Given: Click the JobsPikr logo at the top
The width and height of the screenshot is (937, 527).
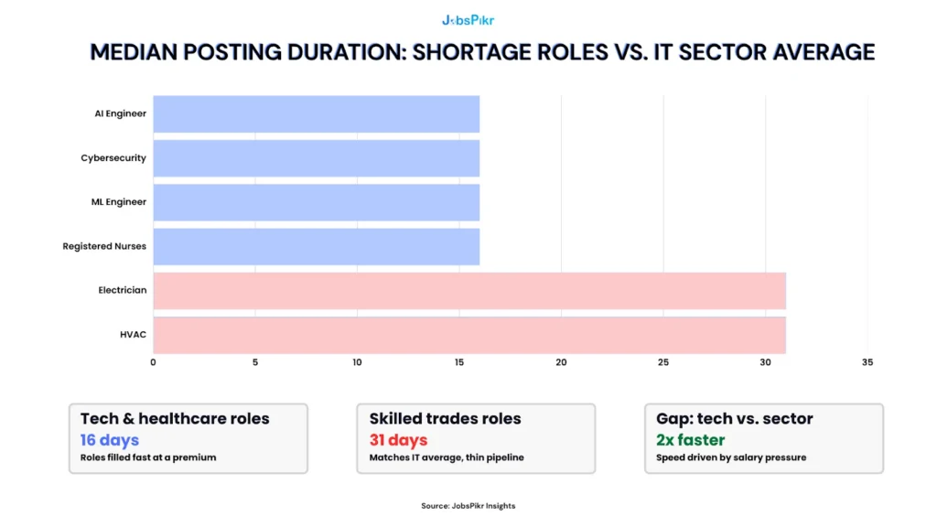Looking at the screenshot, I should [x=468, y=19].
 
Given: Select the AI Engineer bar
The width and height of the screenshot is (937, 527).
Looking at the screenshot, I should [x=316, y=113].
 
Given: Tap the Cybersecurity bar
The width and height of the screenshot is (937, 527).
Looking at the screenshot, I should [x=316, y=158].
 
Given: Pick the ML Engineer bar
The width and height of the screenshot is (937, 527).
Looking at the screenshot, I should [x=316, y=202].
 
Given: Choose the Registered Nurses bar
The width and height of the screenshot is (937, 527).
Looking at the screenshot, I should [x=316, y=246].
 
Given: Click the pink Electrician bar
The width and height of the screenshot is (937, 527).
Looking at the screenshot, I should [x=468, y=290].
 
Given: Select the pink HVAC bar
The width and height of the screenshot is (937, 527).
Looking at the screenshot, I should [x=468, y=335].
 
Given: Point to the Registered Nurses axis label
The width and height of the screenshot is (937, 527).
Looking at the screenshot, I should [x=104, y=246].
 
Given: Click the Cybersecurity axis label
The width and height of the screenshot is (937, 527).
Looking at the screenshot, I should [x=113, y=158].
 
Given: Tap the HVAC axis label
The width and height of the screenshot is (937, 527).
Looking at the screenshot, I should [x=133, y=335].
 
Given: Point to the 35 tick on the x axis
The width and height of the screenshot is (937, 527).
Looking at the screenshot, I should [x=867, y=362].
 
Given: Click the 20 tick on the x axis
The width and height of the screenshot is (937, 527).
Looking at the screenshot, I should [x=561, y=362].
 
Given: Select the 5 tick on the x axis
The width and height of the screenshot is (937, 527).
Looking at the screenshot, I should [x=255, y=362].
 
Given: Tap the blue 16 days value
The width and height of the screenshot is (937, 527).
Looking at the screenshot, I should [x=110, y=440].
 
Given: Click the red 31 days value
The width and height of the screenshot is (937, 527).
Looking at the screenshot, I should [x=399, y=440].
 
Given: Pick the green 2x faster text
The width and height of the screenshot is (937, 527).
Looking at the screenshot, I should [x=691, y=440].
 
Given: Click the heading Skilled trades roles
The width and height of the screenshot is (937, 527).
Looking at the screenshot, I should [x=446, y=419].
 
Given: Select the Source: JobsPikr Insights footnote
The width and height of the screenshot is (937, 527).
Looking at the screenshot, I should [x=468, y=505].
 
